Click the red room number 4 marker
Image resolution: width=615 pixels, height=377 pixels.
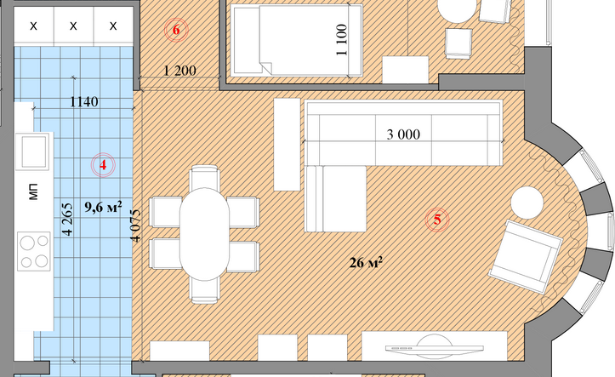coord(103,165)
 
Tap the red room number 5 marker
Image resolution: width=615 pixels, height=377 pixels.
coord(437,220)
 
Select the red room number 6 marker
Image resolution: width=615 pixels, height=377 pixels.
coord(176,30)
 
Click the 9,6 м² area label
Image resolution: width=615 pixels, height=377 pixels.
coord(103,206)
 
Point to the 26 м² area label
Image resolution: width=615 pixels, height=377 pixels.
coord(366,262)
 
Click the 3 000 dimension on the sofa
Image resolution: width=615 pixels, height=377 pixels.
coord(403,134)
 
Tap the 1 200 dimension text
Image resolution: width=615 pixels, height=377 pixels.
coord(180,71)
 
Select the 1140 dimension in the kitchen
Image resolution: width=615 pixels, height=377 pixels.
coord(84,102)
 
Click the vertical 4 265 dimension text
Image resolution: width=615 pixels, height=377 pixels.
coord(67,219)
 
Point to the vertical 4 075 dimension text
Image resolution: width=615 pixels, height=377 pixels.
coord(135,226)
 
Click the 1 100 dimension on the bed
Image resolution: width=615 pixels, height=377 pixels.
coord(342,40)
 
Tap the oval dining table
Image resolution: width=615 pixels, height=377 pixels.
coord(204,234)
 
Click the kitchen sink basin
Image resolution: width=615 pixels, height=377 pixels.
coord(34,151)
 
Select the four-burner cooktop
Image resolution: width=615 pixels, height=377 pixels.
coord(34,251)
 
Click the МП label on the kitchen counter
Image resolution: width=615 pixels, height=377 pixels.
coord(33,191)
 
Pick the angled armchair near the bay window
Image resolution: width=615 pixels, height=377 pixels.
coord(526,256)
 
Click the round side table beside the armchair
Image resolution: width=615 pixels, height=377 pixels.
coord(527,203)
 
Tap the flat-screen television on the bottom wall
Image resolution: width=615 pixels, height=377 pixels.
coord(434,347)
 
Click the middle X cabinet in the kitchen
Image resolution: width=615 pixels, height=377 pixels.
coord(73,26)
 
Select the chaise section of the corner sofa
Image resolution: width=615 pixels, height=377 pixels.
coord(335,198)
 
